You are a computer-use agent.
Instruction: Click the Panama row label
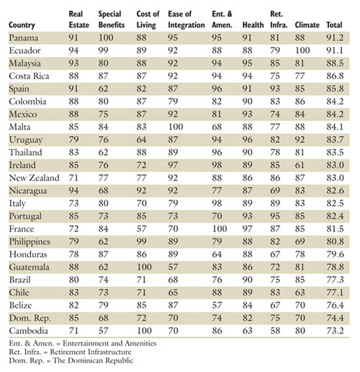coord(24,37)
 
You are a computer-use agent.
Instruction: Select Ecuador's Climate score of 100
coord(302,50)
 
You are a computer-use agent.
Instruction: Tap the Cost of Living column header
coord(148,19)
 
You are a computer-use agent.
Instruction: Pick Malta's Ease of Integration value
coord(176,127)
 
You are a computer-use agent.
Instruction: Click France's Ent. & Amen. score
coord(220,229)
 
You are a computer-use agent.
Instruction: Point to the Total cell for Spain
coord(335,89)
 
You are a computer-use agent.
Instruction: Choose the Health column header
coord(253,25)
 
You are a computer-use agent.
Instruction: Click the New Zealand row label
coord(34,178)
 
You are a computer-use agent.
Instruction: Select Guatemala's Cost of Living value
coord(144,267)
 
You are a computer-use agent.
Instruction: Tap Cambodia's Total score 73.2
coord(335,331)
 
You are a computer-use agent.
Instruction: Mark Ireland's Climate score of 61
coord(300,165)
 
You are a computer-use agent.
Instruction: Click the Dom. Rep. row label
coord(30,318)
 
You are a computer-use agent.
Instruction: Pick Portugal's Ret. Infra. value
coord(275,216)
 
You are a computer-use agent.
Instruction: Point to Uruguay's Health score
coord(248,140)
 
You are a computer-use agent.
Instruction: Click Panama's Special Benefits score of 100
coord(106,37)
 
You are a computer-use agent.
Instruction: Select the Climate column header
coord(307,25)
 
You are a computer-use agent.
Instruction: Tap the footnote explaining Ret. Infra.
coord(70,352)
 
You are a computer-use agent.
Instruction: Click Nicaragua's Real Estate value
coord(73,190)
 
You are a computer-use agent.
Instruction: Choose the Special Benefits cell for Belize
coord(104,305)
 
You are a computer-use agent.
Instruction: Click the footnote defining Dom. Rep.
coord(71,360)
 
